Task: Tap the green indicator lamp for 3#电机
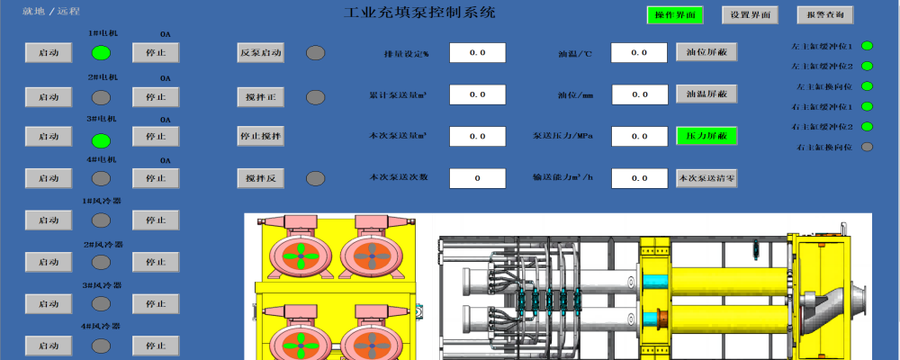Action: pos(102,140)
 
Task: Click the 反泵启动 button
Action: pos(261,53)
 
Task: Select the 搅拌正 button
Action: pos(261,96)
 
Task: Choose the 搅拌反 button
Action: pos(261,178)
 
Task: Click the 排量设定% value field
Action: pos(478,53)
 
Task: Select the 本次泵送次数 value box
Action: pos(478,178)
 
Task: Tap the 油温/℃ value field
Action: pos(638,53)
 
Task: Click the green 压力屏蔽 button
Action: pos(706,136)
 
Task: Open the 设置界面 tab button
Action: pos(750,15)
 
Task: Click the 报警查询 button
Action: pos(824,15)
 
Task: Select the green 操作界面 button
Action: pos(674,15)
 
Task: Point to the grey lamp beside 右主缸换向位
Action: pos(867,147)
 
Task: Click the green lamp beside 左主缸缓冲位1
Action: pos(867,46)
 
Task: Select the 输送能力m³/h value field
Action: pos(638,178)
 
